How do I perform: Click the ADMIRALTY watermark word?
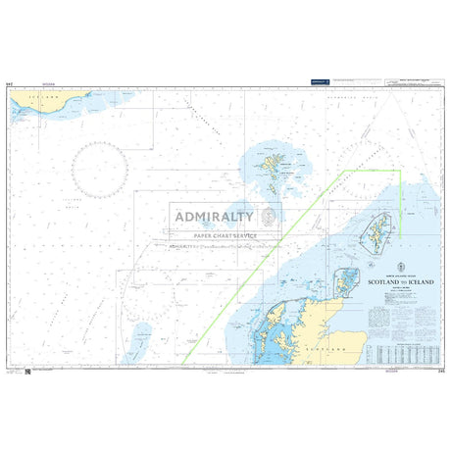point(214,217)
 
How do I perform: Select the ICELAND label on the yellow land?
point(43,98)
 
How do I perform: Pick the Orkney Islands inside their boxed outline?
point(343,284)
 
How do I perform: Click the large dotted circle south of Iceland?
point(100,167)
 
